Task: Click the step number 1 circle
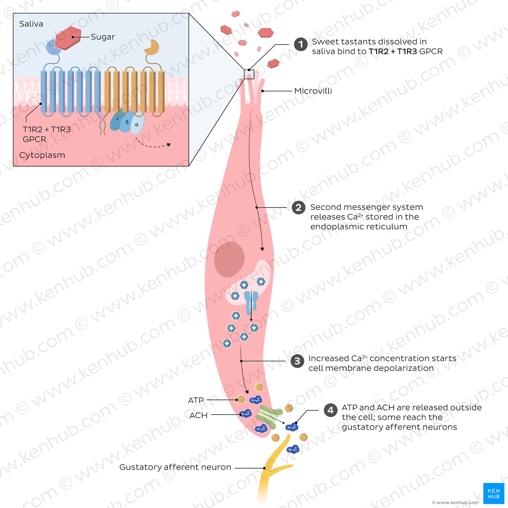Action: click(x=300, y=45)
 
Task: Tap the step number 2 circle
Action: click(x=298, y=208)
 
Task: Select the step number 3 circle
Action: click(x=297, y=361)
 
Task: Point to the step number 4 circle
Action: click(x=330, y=410)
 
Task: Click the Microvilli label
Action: click(x=313, y=91)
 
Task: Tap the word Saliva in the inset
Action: click(x=31, y=24)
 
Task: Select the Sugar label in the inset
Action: click(x=103, y=37)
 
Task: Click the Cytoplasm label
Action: click(x=42, y=155)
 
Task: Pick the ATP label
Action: click(x=196, y=400)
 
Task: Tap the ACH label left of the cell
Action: click(x=198, y=415)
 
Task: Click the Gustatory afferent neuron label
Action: click(x=175, y=467)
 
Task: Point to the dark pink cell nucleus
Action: click(x=229, y=259)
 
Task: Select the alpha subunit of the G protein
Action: click(x=137, y=124)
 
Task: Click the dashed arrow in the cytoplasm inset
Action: click(x=152, y=146)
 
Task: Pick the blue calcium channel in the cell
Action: click(x=251, y=302)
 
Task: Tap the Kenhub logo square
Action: click(x=493, y=493)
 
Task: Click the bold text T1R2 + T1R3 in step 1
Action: click(x=393, y=52)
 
